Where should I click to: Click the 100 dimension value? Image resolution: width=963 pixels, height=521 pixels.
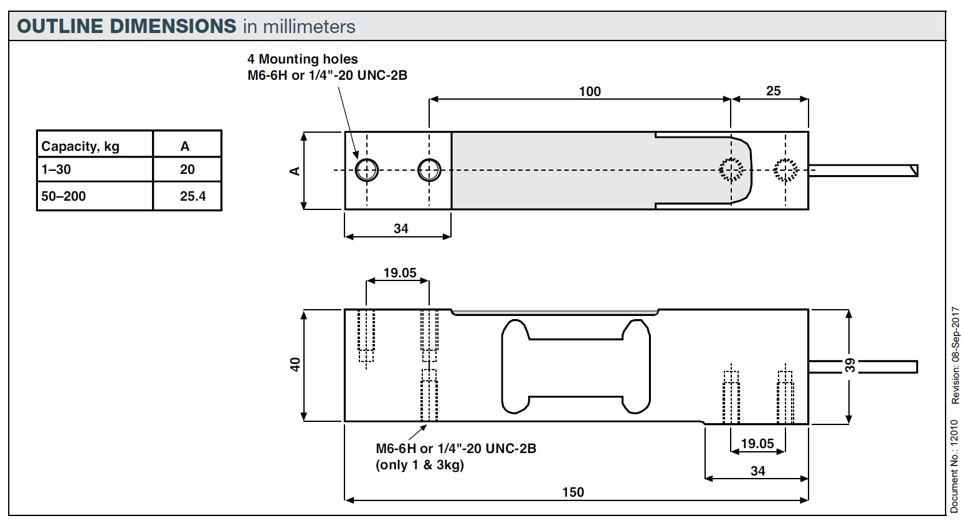[x=590, y=91]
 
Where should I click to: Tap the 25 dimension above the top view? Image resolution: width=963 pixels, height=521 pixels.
[x=773, y=91]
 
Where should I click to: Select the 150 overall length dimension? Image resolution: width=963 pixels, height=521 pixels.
[x=573, y=492]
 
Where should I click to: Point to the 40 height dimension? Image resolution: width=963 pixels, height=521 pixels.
[x=295, y=365]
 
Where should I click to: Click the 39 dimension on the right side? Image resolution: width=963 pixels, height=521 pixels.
[x=850, y=365]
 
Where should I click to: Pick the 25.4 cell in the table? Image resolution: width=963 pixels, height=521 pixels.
[x=192, y=196]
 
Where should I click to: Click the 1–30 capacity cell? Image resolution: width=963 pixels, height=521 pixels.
[x=56, y=170]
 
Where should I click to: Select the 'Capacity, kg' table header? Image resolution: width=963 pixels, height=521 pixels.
[x=80, y=146]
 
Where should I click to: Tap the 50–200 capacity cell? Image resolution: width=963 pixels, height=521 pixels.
[x=63, y=196]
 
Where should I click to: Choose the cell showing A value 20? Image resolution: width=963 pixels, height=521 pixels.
[x=187, y=170]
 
